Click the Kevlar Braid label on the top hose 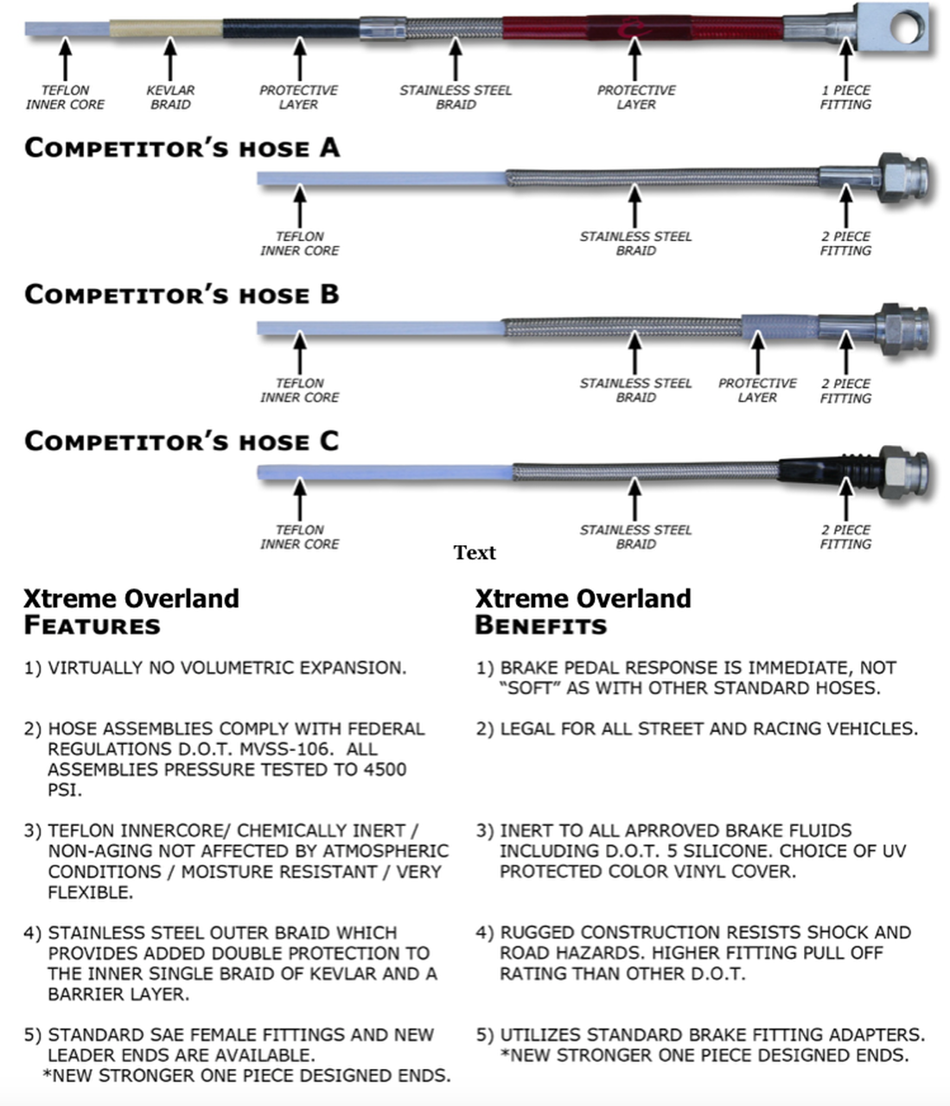(170, 97)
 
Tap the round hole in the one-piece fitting (906, 29)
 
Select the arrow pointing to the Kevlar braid (170, 60)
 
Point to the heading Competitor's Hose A (182, 148)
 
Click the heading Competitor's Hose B (182, 295)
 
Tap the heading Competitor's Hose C (182, 442)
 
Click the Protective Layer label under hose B (757, 390)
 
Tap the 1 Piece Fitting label (845, 97)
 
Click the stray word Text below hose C (475, 553)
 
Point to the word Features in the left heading (92, 626)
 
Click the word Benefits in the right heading (540, 626)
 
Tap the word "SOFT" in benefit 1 (531, 689)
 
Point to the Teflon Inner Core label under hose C (299, 537)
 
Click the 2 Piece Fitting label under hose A (845, 243)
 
